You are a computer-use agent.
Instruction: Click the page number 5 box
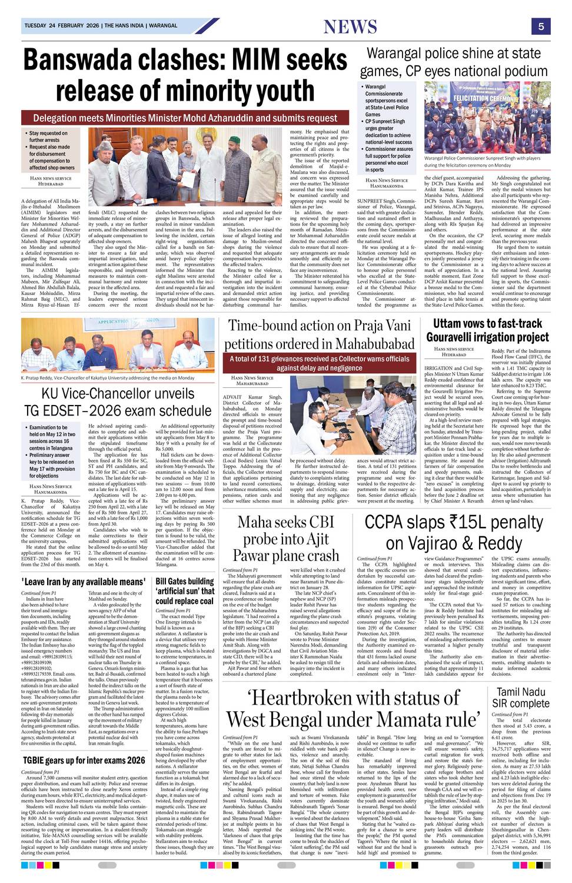pos(540,26)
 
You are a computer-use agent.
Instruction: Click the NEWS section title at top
pos(350,26)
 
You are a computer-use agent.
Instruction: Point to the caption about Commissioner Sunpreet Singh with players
pos(483,162)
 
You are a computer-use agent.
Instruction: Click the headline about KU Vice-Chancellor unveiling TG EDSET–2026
pos(117,401)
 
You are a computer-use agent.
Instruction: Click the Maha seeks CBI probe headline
pos(285,537)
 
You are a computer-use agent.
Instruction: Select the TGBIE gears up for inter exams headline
pos(83,760)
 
